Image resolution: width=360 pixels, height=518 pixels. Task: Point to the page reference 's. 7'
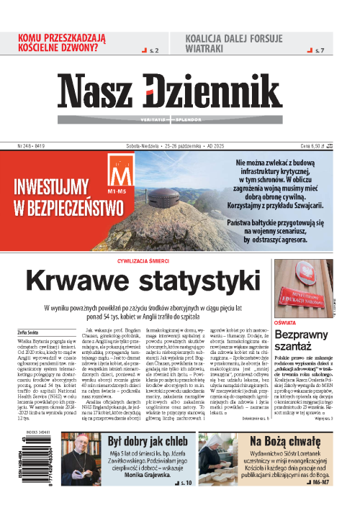coord(321,50)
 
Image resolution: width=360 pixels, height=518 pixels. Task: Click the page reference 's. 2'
coord(154,50)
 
